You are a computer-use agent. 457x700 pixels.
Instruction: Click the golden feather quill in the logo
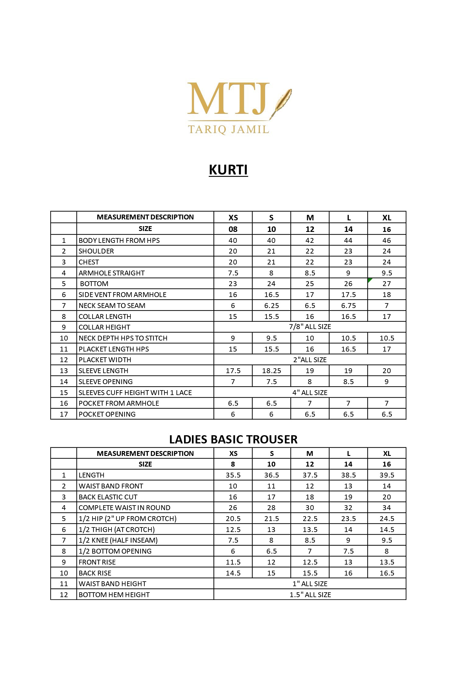pos(282,101)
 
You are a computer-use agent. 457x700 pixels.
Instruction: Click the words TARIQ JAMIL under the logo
pos(228,129)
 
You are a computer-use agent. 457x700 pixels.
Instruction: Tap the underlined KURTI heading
pos(228,170)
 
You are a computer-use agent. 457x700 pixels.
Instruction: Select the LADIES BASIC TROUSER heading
pos(233,439)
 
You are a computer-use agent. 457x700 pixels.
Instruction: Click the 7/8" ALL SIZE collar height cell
pos(310,327)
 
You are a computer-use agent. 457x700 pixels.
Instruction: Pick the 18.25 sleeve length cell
pos(271,371)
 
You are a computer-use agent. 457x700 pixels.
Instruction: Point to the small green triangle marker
pos(370,280)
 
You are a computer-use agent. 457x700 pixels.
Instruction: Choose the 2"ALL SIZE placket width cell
pos(310,360)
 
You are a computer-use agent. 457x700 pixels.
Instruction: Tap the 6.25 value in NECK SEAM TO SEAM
pos(271,306)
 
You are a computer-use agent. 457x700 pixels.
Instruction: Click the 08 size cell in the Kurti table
pos(233,229)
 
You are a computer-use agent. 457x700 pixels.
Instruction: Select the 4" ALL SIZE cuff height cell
pos(310,392)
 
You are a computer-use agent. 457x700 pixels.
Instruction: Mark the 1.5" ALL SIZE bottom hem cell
pos(310,595)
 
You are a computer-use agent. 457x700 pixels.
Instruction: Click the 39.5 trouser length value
pos(387,475)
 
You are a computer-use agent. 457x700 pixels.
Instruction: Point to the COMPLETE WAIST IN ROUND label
pos(124,508)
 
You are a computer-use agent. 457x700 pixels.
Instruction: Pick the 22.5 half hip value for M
pos(310,519)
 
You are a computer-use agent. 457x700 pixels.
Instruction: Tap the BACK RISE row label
pos(95,573)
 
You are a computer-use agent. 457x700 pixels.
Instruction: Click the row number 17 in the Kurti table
pos(64,414)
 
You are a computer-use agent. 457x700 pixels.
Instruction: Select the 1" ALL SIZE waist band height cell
pos(310,584)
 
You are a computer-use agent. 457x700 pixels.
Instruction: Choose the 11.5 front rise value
pos(233,562)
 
